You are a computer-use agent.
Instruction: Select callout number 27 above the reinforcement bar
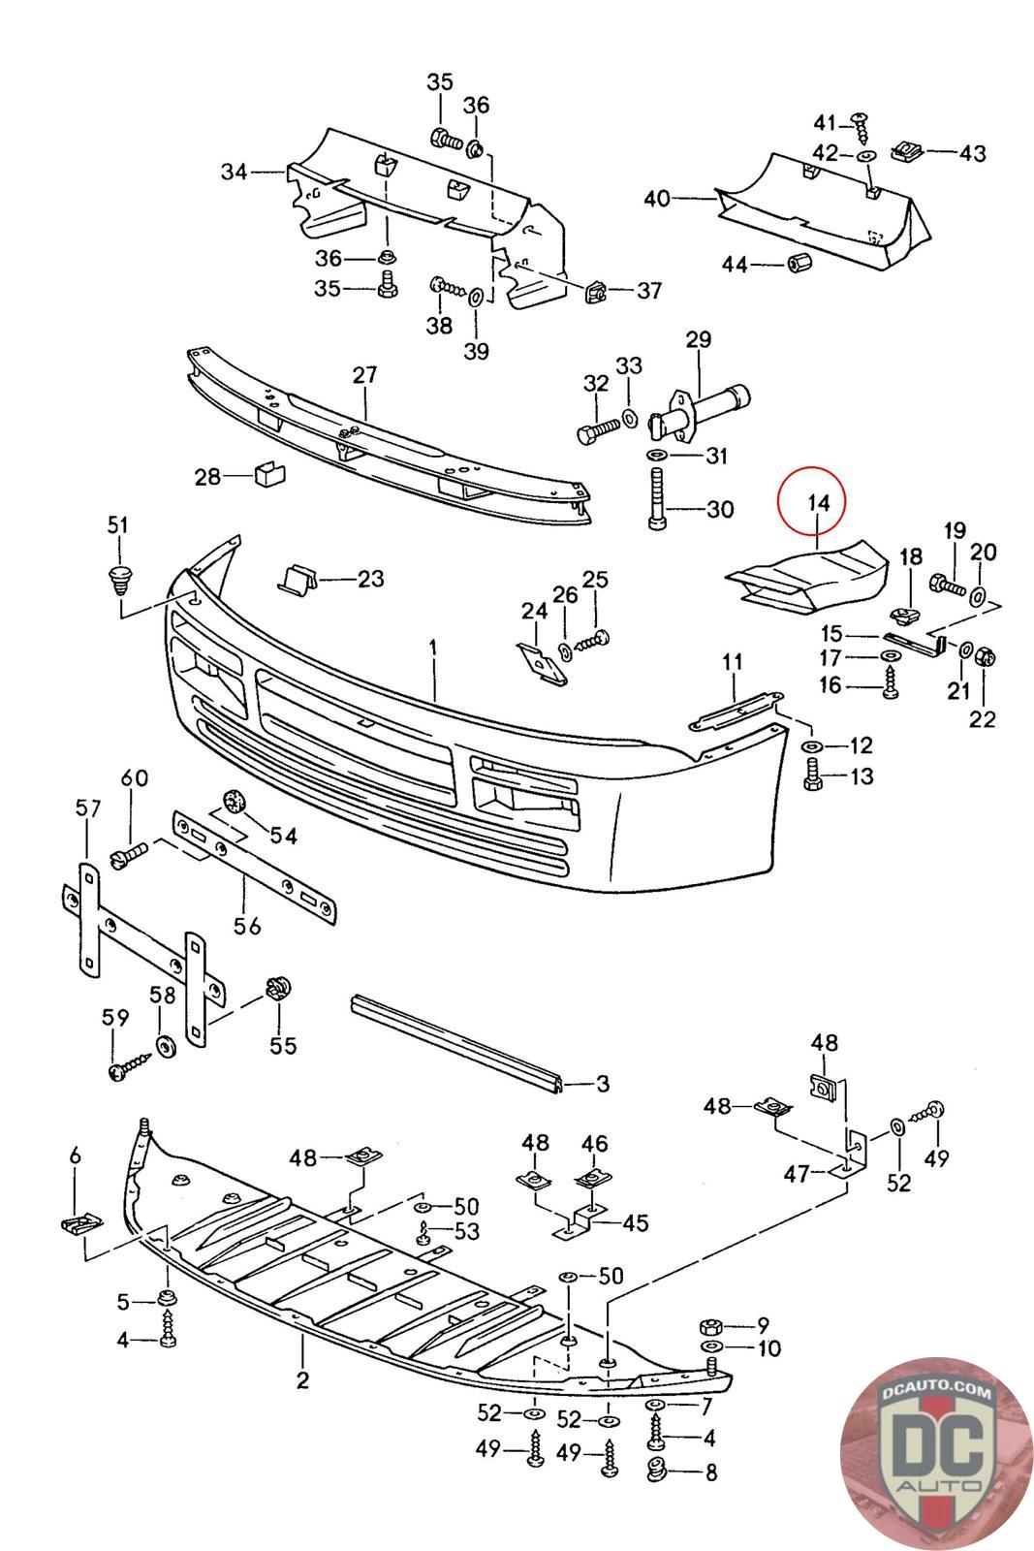point(364,375)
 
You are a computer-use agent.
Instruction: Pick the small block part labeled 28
point(265,476)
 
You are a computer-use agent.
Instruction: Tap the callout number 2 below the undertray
point(302,1379)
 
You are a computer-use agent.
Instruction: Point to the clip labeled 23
point(297,580)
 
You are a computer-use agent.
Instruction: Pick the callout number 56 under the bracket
point(248,926)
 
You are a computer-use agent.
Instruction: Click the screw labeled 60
point(130,854)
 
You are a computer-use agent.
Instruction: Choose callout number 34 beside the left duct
point(234,173)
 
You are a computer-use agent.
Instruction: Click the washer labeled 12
point(811,746)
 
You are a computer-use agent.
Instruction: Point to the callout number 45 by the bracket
point(635,1222)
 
